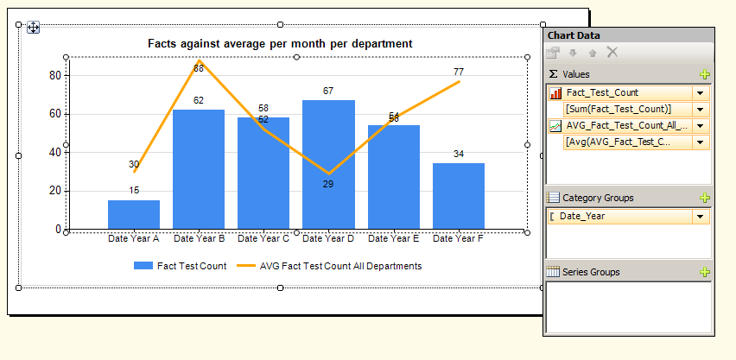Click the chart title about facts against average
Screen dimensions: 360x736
(x=279, y=43)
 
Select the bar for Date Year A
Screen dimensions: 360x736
(x=133, y=215)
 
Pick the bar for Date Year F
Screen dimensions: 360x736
(x=458, y=197)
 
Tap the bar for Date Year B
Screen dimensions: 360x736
(x=198, y=169)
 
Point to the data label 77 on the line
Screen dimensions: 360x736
(x=459, y=72)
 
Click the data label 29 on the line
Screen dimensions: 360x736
(x=328, y=184)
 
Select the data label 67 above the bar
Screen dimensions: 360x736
(x=328, y=91)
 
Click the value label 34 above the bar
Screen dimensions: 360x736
(x=459, y=155)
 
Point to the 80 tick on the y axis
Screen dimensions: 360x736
(x=54, y=75)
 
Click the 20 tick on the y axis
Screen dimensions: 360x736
(x=54, y=191)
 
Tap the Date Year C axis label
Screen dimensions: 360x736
(x=263, y=238)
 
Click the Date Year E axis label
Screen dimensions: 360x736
(x=393, y=238)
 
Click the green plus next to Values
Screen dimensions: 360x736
(x=704, y=75)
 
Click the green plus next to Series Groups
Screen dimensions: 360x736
(x=704, y=272)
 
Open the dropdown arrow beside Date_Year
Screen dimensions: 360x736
(x=701, y=216)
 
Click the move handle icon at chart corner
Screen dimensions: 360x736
(x=33, y=28)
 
